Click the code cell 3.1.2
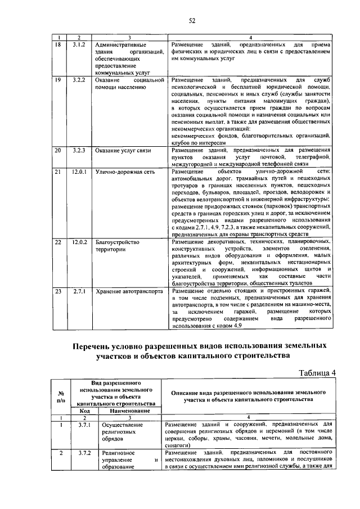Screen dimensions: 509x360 coord(78,44)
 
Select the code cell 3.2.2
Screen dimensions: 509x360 coord(78,80)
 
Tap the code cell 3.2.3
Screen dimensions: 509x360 coord(78,151)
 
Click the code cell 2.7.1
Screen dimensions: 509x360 coord(78,291)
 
